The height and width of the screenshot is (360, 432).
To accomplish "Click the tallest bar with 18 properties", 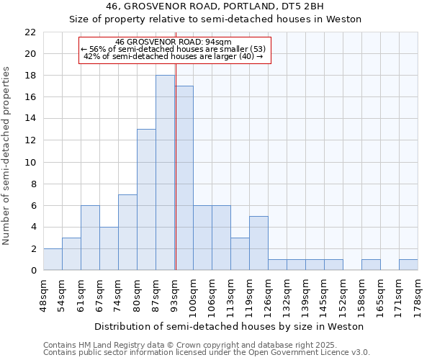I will coord(165,173).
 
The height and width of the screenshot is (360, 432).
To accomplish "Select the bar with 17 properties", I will coord(184,178).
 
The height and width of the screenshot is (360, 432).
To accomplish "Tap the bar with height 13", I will coord(146,199).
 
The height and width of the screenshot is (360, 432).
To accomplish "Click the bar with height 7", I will coord(127,232).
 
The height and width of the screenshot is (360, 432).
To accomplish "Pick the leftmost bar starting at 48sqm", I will coord(53,259).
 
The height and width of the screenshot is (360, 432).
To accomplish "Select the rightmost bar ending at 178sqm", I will coord(408,265).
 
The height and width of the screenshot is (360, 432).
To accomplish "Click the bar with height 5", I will coord(258,243).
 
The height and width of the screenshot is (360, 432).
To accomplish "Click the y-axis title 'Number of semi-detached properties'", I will coord(7,156).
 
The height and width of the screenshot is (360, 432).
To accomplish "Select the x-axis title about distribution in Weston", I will coord(229,326).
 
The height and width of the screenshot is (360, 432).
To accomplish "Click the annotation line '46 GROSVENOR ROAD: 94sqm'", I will coord(174,42).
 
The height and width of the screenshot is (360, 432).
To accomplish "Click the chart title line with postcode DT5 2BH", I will coord(215,6).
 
